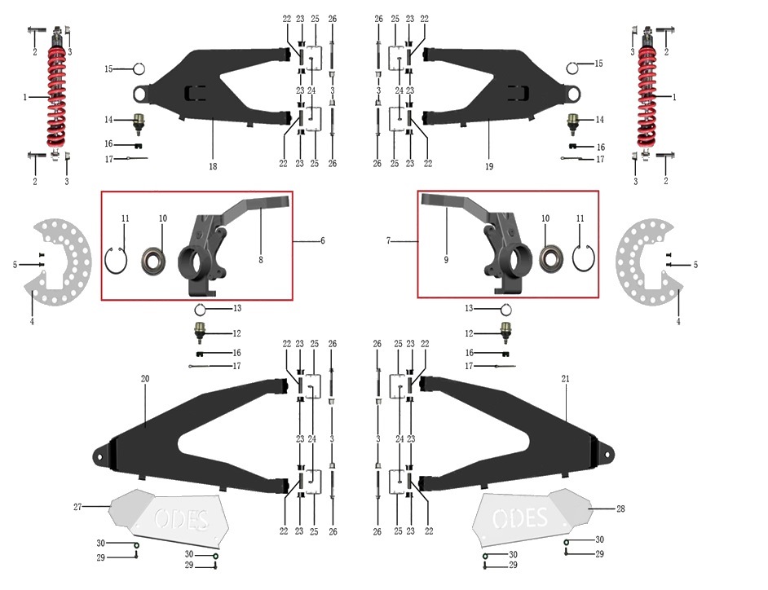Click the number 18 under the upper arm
click(213, 166)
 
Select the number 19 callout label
click(489, 166)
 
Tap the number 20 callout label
click(145, 378)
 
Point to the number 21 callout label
click(565, 378)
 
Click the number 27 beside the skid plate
click(77, 507)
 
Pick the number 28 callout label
click(620, 509)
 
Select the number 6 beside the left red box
click(322, 240)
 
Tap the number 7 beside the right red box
click(388, 241)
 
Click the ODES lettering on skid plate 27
click(182, 519)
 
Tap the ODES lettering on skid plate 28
click(519, 518)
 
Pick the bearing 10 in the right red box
click(550, 256)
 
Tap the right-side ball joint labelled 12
click(505, 332)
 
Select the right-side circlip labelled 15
click(572, 68)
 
